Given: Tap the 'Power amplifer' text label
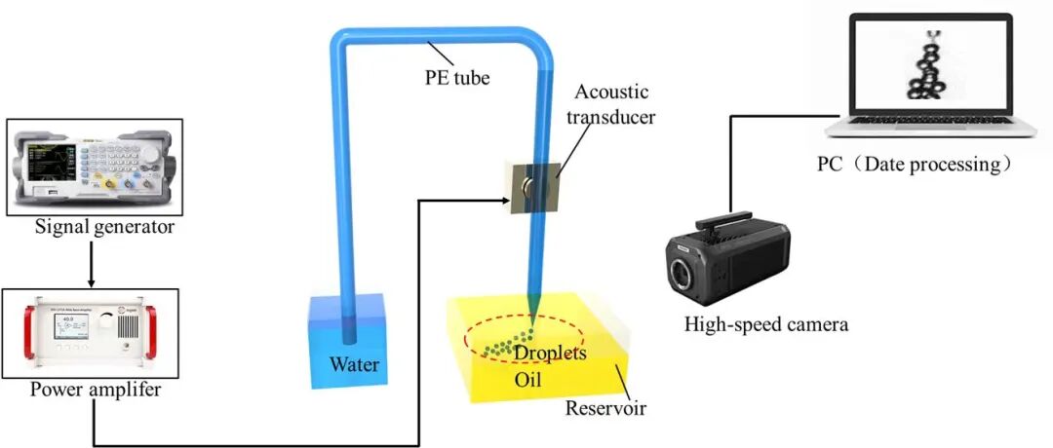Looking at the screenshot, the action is [x=96, y=389].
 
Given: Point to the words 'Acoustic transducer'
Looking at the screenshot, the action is [x=610, y=104].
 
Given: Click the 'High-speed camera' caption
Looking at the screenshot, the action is [x=766, y=325].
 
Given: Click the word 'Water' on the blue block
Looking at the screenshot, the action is [x=354, y=365].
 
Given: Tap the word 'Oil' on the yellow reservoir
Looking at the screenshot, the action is [x=527, y=380].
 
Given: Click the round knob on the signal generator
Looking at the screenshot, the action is [x=150, y=154].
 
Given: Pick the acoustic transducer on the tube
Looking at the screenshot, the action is [x=534, y=187].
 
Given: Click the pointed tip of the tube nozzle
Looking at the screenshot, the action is [x=532, y=326].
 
